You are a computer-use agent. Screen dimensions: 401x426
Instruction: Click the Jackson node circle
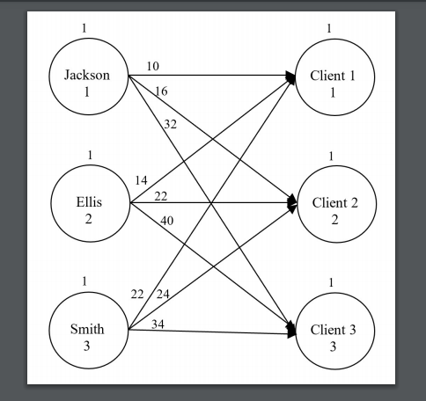pos(87,82)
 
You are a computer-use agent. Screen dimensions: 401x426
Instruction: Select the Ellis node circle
pos(88,209)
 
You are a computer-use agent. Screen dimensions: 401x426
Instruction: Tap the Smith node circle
pos(87,337)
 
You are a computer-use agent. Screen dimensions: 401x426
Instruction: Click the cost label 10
pos(153,67)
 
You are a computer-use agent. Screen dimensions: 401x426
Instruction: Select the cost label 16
pos(161,91)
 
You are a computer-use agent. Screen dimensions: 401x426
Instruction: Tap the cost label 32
pos(170,124)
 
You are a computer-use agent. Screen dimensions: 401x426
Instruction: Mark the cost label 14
pos(141,180)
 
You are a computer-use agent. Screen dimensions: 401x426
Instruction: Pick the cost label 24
pos(163,293)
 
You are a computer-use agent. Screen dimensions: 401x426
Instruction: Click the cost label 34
pos(158,324)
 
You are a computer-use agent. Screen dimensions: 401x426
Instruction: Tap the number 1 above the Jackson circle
pos(84,28)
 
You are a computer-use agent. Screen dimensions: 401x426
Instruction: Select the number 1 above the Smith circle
pos(85,281)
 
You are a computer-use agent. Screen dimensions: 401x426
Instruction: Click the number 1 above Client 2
pos(330,156)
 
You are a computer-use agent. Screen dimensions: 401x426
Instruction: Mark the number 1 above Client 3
pos(329,282)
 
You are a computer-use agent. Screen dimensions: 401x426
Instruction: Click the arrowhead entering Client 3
pos(290,332)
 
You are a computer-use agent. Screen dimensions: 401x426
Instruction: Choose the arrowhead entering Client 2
pos(290,204)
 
